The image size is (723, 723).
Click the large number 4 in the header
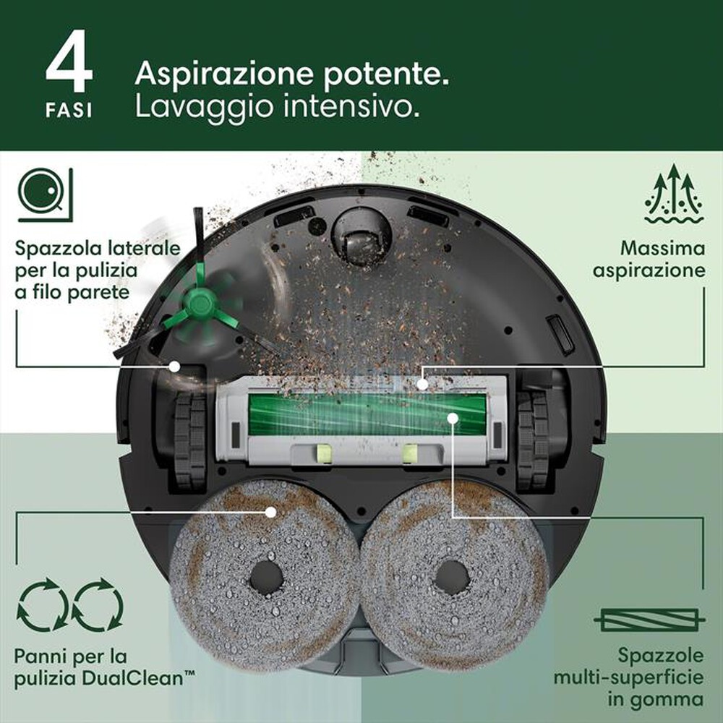click(x=69, y=69)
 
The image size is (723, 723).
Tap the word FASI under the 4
click(x=69, y=113)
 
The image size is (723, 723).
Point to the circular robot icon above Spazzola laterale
click(x=45, y=193)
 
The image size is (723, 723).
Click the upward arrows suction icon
click(x=672, y=193)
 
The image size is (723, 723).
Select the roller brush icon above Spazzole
click(x=649, y=620)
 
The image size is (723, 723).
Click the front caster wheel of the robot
click(x=361, y=236)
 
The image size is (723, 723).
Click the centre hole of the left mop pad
click(x=266, y=577)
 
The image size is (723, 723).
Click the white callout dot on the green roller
click(x=453, y=418)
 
